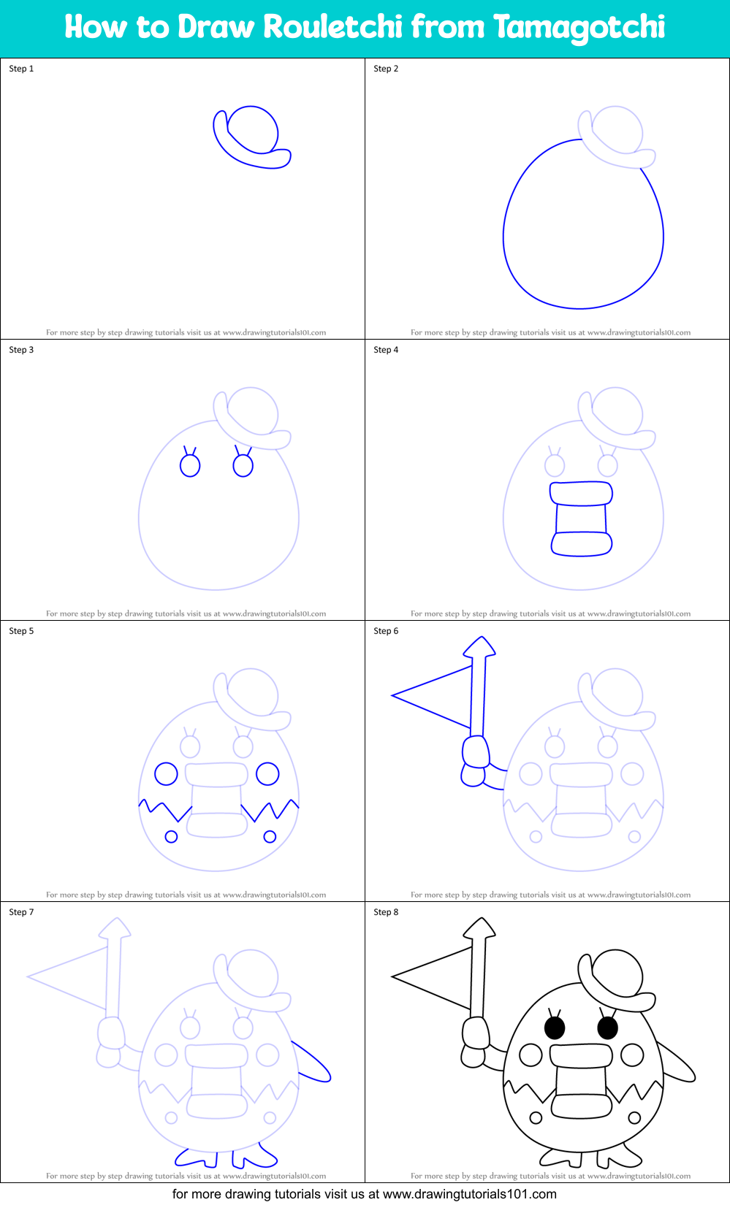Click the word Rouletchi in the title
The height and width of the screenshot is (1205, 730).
(332, 27)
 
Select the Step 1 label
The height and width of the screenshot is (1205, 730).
(21, 69)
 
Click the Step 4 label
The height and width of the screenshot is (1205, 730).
(386, 350)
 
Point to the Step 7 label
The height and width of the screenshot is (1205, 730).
(21, 912)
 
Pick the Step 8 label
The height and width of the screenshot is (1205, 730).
(386, 912)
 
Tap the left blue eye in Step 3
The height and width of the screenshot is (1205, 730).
(190, 465)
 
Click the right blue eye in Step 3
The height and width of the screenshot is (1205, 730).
(243, 465)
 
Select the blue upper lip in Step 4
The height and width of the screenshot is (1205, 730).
(581, 493)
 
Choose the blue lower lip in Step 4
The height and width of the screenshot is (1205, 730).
(582, 544)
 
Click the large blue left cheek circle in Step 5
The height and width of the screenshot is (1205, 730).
(166, 773)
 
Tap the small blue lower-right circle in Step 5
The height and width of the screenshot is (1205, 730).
(270, 836)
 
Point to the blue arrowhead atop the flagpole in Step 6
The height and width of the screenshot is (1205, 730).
(479, 647)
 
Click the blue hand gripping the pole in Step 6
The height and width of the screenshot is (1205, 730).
(476, 751)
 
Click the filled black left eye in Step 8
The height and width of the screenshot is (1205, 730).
(555, 1028)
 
